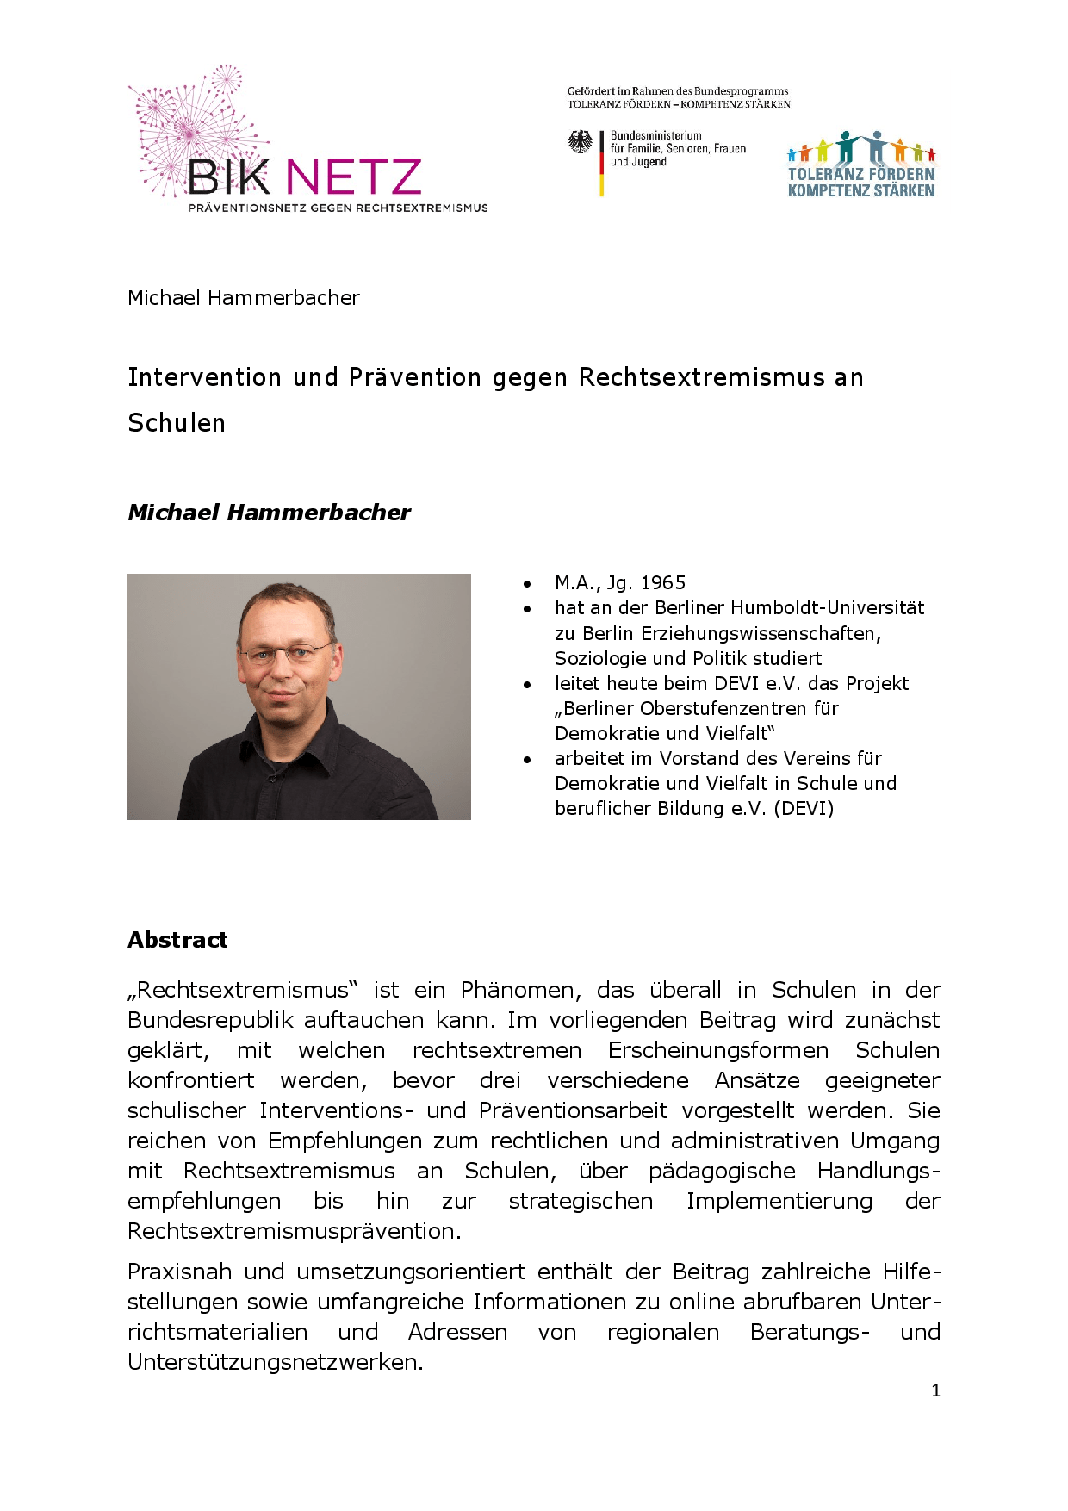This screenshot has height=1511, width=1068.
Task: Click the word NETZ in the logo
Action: pos(353,177)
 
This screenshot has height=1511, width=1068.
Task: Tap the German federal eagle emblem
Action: pos(581,143)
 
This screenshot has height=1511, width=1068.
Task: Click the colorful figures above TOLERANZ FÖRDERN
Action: pos(861,149)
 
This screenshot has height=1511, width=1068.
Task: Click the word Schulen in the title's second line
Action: pos(177,423)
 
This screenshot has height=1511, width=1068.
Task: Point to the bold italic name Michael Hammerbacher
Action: pos(269,513)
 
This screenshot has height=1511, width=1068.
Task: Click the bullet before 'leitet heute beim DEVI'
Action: pos(527,685)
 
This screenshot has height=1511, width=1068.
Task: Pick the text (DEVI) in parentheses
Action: pos(804,809)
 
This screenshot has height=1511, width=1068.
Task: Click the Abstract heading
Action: pos(177,940)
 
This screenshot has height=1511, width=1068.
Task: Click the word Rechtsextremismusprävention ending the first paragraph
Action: pos(293,1231)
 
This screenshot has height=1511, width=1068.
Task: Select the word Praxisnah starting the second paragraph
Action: pos(178,1272)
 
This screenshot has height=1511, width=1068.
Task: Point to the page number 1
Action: pos(935,1390)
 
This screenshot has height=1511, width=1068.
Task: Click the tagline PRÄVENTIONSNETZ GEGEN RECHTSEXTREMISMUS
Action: pos(338,208)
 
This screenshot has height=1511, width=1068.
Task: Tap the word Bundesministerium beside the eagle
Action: pos(655,135)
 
